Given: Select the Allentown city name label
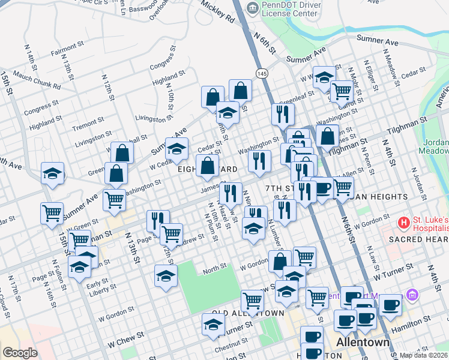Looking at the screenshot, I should [x=363, y=343].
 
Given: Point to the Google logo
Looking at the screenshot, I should [x=20, y=353].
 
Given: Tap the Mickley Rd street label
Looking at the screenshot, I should [x=217, y=12].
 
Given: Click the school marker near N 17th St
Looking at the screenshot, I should [x=53, y=174].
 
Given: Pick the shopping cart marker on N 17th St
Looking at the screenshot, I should [x=52, y=212].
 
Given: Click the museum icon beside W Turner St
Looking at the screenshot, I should [x=411, y=295].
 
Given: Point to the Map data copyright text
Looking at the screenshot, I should [x=423, y=355].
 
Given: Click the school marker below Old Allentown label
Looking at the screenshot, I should [x=212, y=325].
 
